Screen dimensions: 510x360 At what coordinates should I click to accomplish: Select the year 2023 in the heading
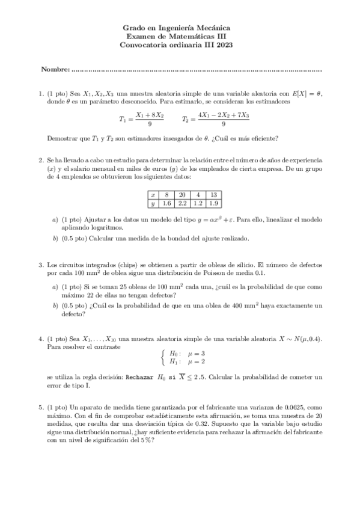(222, 45)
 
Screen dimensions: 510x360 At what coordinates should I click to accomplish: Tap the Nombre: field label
(55, 70)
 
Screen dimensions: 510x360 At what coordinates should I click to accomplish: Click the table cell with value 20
(182, 195)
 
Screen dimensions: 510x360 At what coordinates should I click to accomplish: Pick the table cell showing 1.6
(167, 204)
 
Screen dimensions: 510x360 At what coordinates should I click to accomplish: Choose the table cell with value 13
(214, 195)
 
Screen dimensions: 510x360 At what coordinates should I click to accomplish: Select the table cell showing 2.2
(182, 204)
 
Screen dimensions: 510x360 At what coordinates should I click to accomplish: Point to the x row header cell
(153, 195)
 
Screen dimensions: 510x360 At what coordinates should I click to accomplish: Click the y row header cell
(153, 204)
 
